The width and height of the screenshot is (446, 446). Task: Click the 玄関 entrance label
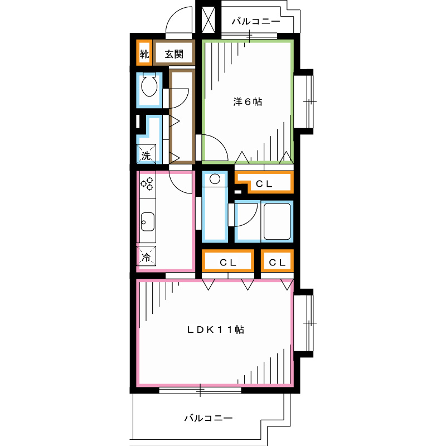[174, 54]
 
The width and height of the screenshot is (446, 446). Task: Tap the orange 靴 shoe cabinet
[144, 53]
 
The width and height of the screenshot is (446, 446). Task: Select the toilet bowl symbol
[149, 85]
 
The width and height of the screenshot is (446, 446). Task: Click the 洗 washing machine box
[146, 154]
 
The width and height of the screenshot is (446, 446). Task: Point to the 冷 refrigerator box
[146, 256]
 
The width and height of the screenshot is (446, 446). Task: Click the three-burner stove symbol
[147, 184]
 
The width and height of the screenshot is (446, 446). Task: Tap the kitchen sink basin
[148, 222]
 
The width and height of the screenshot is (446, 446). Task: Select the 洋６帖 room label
[248, 101]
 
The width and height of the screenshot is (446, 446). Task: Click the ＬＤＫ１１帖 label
[215, 329]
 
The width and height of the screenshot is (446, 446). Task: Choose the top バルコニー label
[256, 21]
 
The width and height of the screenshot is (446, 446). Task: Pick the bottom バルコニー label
[209, 418]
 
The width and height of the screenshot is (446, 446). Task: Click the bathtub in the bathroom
[277, 221]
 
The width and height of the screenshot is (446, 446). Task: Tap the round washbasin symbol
[215, 179]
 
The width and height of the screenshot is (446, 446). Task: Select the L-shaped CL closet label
[264, 184]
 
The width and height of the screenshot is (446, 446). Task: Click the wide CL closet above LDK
[228, 262]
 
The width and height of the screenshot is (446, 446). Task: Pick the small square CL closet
[277, 262]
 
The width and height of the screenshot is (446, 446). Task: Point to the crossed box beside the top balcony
[208, 20]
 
